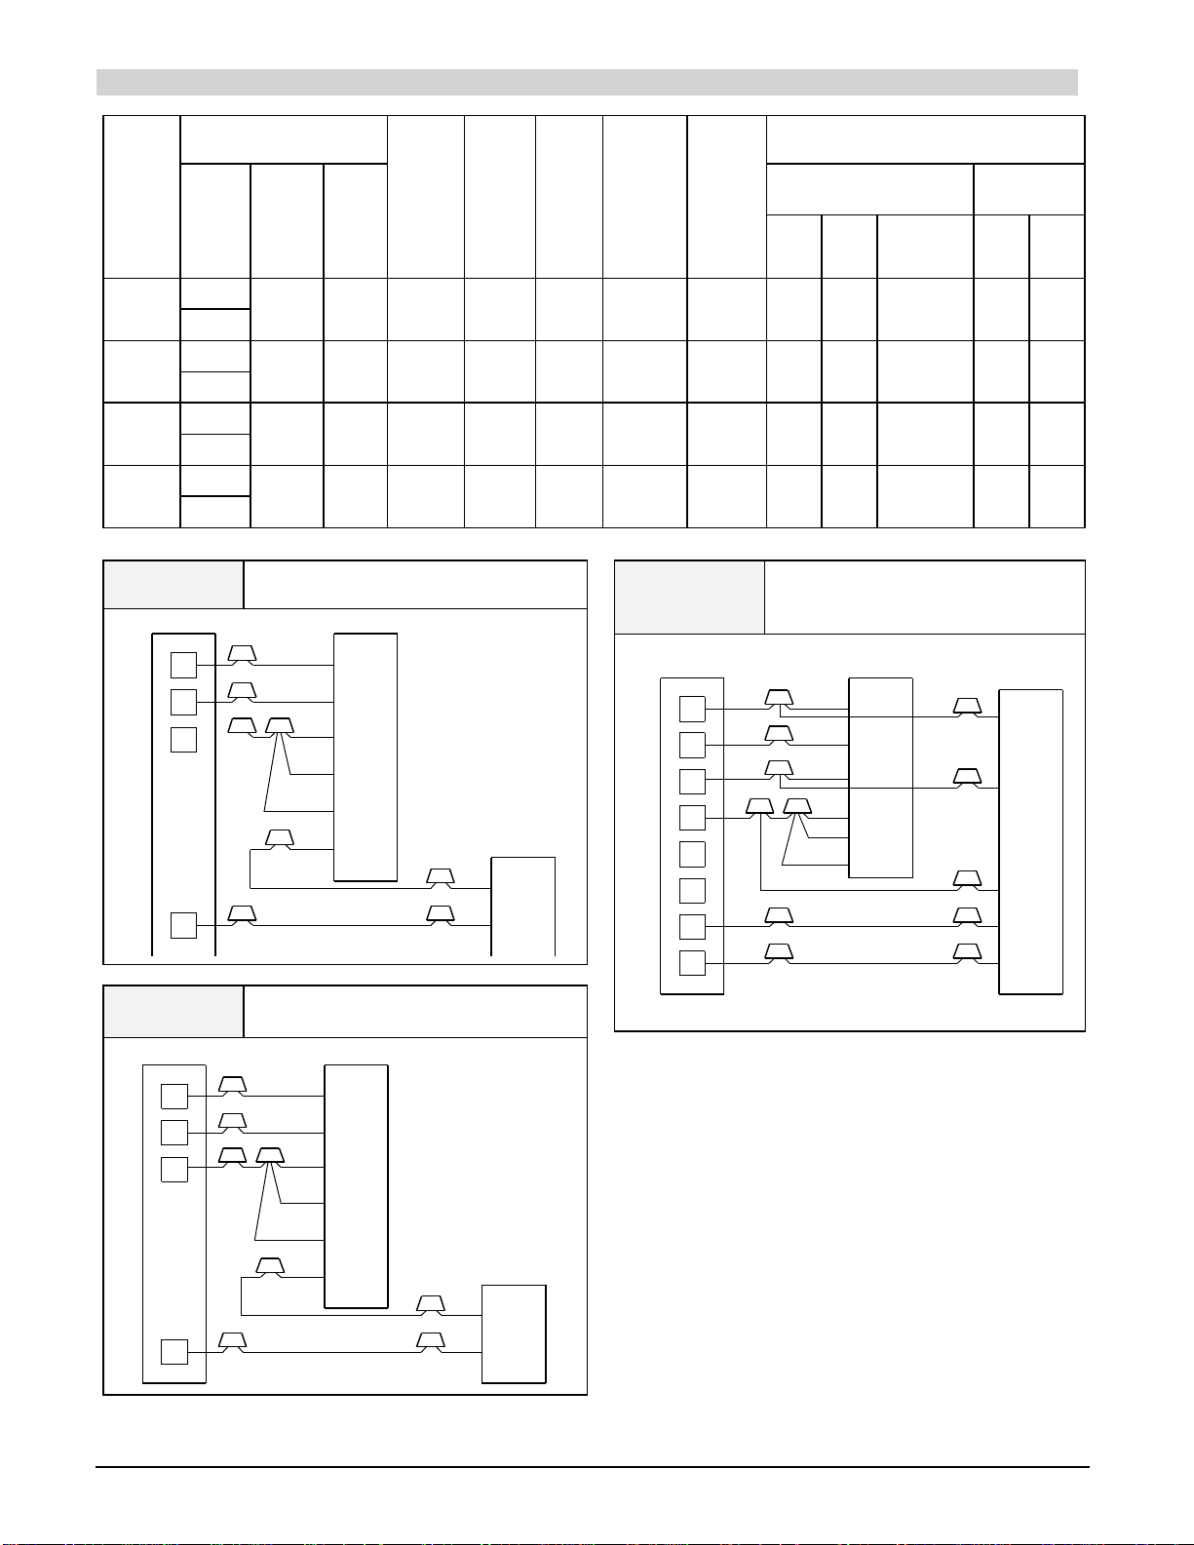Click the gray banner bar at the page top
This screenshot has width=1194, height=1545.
pos(587,82)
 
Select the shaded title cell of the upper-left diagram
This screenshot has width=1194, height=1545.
pos(173,585)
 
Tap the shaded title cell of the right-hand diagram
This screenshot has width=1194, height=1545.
pos(689,597)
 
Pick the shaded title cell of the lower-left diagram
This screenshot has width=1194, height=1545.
pos(173,1012)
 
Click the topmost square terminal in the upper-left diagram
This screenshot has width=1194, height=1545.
pos(183,665)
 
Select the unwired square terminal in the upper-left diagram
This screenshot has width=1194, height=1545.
pos(183,739)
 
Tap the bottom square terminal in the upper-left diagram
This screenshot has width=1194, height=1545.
pos(183,924)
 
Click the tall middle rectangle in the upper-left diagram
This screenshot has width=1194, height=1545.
pos(366,756)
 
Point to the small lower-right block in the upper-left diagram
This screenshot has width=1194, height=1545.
pos(523,907)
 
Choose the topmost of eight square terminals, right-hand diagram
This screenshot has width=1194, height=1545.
pos(692,709)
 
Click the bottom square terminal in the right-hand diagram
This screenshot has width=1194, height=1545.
pos(692,963)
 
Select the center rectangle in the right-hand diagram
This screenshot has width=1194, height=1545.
pos(881,777)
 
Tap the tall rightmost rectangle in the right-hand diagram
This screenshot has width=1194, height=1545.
pos(1031,841)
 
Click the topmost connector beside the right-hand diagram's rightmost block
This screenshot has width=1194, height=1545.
pos(967,707)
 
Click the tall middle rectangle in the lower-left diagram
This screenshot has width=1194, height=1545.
pos(356,1186)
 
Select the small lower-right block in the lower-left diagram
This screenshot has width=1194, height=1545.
pos(514,1333)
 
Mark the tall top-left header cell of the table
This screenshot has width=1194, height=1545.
pos(141,197)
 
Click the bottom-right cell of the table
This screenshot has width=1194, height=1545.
pos(1058,496)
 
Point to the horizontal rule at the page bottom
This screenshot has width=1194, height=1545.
pos(592,1466)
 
